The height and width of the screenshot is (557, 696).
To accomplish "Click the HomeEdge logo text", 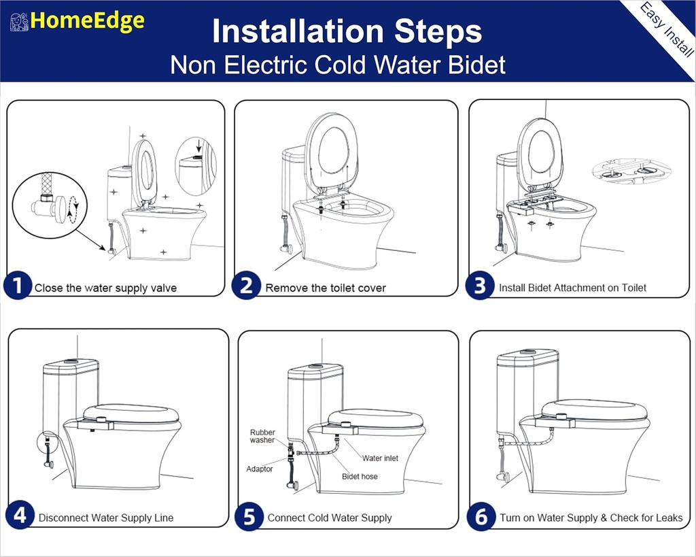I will click(x=87, y=21).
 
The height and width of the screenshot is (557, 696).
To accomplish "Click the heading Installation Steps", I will click(x=347, y=31).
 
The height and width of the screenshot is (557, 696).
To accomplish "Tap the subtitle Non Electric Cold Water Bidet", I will click(x=338, y=65).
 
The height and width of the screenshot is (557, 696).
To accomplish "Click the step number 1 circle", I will click(x=17, y=286).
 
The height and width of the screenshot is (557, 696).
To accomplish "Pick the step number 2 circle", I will click(x=246, y=286).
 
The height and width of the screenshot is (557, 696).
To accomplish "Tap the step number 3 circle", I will click(x=480, y=286).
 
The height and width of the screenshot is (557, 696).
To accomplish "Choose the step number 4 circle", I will click(x=20, y=516).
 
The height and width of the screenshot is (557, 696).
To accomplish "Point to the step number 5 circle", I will click(x=249, y=516).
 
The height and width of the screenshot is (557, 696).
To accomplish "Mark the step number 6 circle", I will click(x=481, y=516).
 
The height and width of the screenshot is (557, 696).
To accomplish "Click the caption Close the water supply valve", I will click(x=105, y=288).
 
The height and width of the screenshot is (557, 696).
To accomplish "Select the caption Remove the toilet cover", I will click(x=326, y=288).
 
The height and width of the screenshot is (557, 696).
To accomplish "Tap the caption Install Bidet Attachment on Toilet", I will click(x=572, y=288).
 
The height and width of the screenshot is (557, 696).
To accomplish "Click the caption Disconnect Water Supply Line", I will click(x=106, y=518).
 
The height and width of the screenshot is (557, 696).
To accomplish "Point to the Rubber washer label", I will click(x=262, y=436).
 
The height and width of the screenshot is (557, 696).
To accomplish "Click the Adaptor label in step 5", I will click(x=260, y=469).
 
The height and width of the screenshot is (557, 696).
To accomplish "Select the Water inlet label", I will click(x=380, y=458).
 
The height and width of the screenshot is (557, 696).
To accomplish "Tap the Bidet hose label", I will click(x=360, y=476).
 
